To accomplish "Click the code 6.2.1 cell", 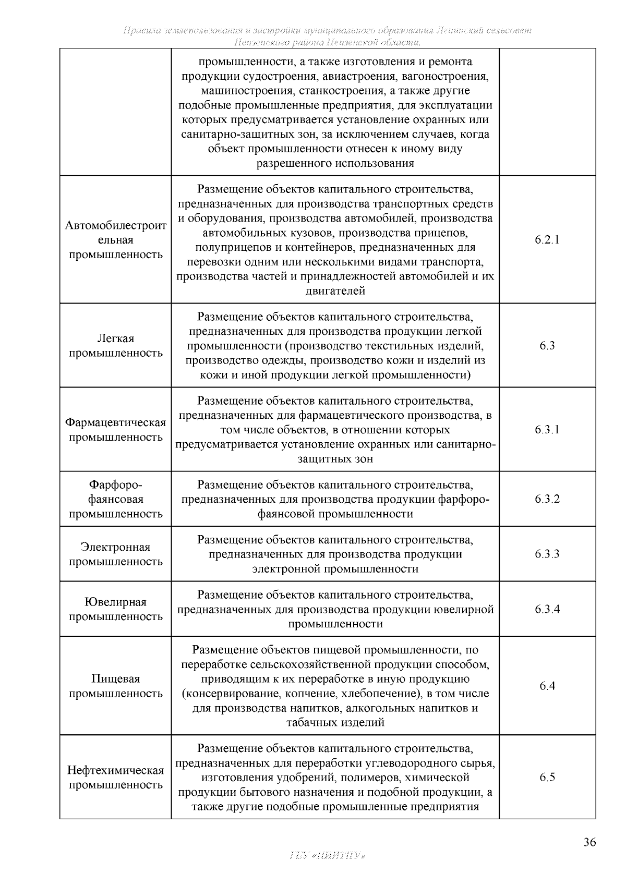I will click(547, 240).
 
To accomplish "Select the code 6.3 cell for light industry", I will click(547, 346).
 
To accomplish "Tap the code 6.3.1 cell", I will click(547, 430).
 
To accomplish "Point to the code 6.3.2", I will click(547, 499).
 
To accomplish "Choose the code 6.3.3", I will click(547, 554).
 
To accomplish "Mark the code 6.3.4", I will click(547, 609).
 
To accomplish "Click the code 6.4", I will click(547, 686).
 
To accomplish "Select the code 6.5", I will click(547, 777).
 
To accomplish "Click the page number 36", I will click(589, 843).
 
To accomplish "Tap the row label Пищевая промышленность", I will click(116, 686).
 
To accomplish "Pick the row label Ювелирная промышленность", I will click(116, 609).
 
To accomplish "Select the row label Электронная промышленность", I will click(116, 554).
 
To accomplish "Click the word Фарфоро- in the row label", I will click(116, 485).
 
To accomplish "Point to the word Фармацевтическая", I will click(116, 422).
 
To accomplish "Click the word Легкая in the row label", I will click(116, 338).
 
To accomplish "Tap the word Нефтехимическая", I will click(116, 770).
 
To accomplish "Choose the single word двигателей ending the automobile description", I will click(335, 291).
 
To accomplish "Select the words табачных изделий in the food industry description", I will click(335, 723).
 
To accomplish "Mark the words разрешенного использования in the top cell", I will click(335, 163).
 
